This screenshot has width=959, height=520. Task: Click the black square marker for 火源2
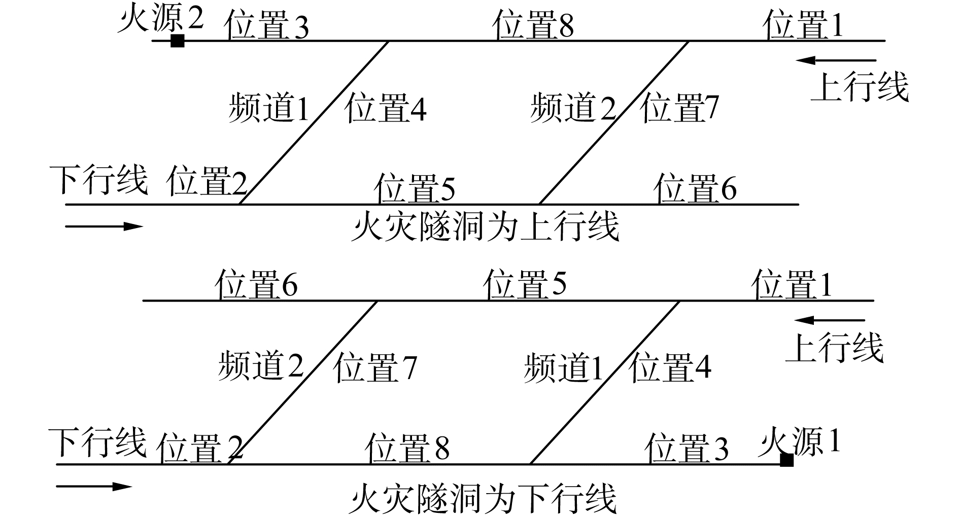point(177,41)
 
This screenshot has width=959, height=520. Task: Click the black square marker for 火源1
point(786,460)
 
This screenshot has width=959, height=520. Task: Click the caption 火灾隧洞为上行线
point(485,227)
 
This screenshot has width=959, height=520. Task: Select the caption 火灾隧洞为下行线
point(483,499)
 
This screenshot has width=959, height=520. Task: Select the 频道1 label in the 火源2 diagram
point(268,108)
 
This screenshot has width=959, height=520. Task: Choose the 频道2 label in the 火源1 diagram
point(261,366)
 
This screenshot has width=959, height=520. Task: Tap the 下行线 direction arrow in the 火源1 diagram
point(94,487)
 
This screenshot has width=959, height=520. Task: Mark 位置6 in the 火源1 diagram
point(256,284)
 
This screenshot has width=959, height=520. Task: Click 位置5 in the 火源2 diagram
point(415,188)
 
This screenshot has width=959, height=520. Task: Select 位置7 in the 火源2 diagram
point(680,108)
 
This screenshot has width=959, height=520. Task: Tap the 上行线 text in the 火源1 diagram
point(834,348)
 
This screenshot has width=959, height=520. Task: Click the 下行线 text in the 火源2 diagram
point(98,179)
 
